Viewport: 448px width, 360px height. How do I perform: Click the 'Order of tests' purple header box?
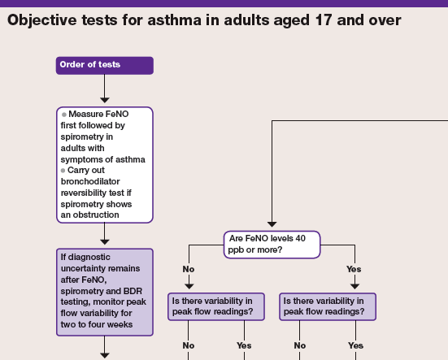tap(105, 65)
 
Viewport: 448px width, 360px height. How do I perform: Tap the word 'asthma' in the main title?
tap(174, 20)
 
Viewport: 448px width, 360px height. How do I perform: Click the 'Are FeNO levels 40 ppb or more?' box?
tap(272, 245)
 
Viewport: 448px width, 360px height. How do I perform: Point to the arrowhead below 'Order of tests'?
tap(105, 100)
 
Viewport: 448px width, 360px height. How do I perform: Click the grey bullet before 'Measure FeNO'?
tap(64, 115)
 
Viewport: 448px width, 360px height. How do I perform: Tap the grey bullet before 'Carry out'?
tap(63, 171)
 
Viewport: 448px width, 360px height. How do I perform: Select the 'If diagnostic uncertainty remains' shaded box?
tap(105, 292)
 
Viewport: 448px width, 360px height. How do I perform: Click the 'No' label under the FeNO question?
tap(189, 269)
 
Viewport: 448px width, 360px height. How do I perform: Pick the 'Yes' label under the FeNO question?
tap(354, 269)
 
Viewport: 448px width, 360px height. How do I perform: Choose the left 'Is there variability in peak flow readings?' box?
tap(216, 306)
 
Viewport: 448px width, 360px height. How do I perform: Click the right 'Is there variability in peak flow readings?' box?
tap(328, 306)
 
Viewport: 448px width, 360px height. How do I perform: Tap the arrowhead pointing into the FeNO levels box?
tap(272, 224)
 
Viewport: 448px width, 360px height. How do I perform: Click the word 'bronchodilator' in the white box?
tap(90, 181)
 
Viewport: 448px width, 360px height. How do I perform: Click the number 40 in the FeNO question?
tap(300, 238)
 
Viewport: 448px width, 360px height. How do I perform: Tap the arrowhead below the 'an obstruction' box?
tap(105, 242)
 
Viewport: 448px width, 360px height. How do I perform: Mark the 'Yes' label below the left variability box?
tap(244, 345)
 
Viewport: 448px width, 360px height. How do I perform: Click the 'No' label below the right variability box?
tap(300, 345)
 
